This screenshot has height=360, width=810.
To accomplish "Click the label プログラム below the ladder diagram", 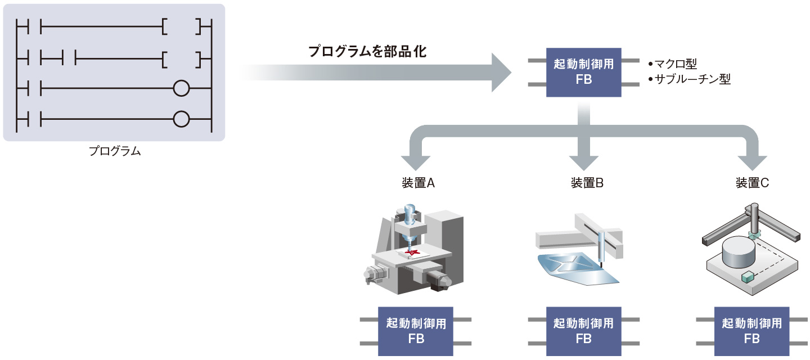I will click(x=114, y=151).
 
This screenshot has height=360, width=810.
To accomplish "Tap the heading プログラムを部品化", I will click(x=367, y=52).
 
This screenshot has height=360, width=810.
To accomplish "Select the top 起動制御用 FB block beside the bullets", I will click(x=584, y=71).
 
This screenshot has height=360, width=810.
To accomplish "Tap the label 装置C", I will click(x=752, y=183).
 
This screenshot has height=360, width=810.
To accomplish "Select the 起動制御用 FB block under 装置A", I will click(x=416, y=331).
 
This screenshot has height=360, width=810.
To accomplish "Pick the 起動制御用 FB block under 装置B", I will click(x=583, y=331).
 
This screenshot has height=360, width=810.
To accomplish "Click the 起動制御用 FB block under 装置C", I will click(x=752, y=331).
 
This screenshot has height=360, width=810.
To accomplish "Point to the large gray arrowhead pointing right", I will click(x=501, y=72).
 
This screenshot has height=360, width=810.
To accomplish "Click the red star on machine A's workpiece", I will click(x=413, y=253).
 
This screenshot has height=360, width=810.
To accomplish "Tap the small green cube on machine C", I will click(x=748, y=277).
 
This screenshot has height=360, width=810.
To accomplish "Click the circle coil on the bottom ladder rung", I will click(x=181, y=119).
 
